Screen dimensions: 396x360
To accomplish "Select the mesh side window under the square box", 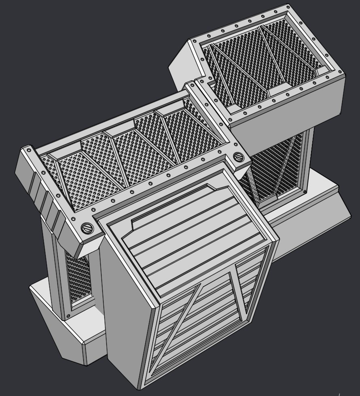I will point(279,170).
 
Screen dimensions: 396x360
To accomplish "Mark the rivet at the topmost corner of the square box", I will point(288,7).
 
